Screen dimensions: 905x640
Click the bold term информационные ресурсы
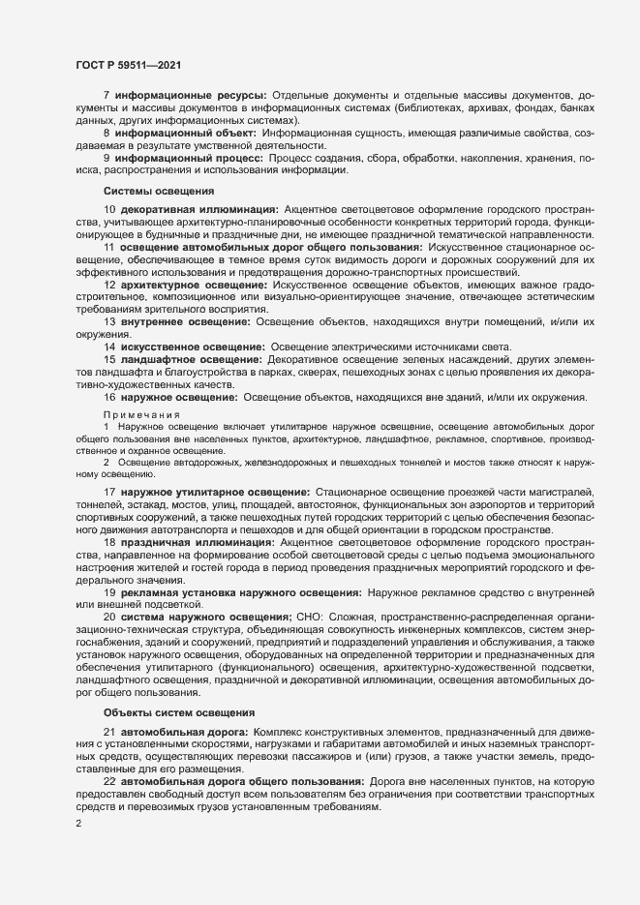[190, 97]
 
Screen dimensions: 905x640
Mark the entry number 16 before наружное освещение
[109, 397]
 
